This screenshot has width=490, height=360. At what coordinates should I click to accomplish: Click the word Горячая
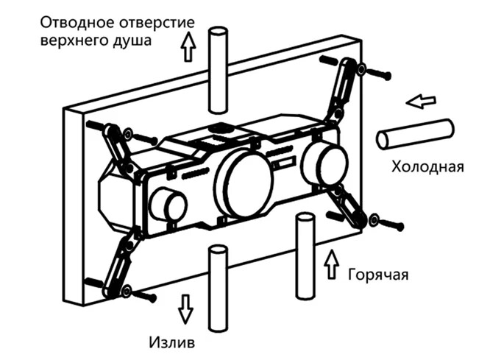point(377,275)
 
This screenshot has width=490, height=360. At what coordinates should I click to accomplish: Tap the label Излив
point(174,342)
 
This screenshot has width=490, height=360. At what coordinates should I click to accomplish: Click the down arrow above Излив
point(185,308)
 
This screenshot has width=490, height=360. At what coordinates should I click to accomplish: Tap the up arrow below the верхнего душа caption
point(188,49)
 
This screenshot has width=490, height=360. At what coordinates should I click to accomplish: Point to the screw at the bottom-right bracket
point(387,222)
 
